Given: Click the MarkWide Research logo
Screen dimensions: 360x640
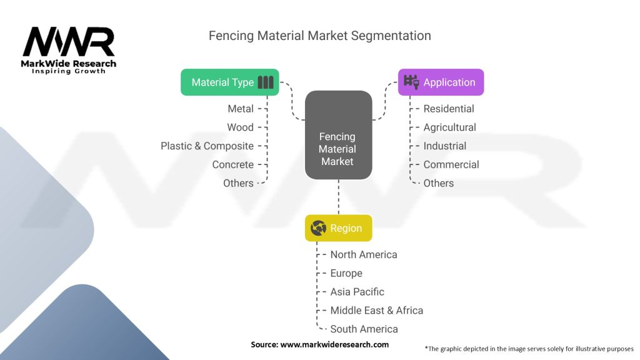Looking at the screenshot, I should (x=69, y=49).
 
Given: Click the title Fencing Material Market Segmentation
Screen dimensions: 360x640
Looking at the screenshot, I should (x=319, y=36).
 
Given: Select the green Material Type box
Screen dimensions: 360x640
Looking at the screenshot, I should (x=229, y=82).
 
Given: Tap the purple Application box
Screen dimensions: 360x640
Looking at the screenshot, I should (x=441, y=82).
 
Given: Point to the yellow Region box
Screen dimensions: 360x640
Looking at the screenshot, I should (x=338, y=228).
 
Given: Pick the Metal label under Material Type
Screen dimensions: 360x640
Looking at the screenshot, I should (x=241, y=109).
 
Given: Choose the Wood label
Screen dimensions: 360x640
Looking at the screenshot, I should (x=240, y=127).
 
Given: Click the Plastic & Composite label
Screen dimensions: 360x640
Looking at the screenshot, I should (x=207, y=146).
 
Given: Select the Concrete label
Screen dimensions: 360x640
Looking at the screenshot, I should (x=232, y=165).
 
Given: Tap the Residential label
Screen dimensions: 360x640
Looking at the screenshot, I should (x=449, y=109).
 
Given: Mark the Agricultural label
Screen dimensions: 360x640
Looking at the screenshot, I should (x=449, y=127).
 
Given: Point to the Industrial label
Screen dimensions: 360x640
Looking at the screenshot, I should (x=444, y=146).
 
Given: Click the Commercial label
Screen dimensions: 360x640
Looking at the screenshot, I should (x=451, y=165).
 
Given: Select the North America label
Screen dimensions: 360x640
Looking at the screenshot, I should (x=364, y=254).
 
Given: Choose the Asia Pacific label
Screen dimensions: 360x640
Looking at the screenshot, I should (x=357, y=292).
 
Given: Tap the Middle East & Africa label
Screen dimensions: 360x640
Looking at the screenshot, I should (x=376, y=311).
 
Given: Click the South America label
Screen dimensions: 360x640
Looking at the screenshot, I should (x=364, y=329).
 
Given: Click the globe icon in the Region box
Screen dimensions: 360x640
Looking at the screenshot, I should (x=319, y=228).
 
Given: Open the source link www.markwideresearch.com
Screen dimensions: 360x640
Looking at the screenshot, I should (x=334, y=344).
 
